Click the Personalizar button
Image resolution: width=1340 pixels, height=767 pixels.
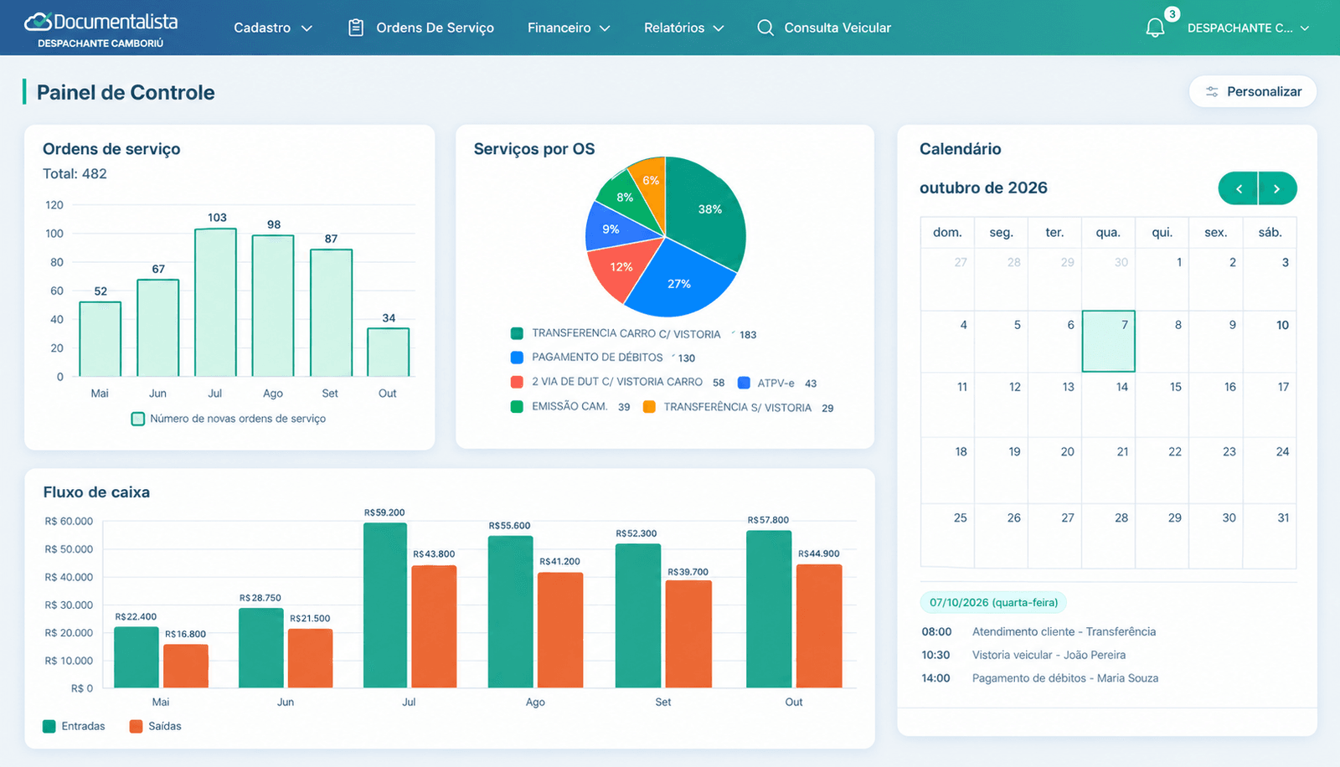1253,91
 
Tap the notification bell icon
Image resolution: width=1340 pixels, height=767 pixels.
1155,28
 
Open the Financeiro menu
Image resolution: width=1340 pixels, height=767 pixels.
569,28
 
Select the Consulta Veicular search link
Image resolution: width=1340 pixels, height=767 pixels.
824,28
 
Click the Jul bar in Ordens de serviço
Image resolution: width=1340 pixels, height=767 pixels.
215,302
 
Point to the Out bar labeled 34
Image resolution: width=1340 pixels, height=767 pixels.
389,352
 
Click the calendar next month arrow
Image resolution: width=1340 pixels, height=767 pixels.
1277,188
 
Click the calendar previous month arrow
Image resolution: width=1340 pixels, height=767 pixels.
1239,188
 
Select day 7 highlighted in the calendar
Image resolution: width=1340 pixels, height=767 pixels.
1109,341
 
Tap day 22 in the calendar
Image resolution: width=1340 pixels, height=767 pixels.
1175,451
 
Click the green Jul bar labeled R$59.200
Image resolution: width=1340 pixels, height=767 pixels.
385,605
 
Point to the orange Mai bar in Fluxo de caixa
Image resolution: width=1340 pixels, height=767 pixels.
186,666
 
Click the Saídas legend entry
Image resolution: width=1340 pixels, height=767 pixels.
156,726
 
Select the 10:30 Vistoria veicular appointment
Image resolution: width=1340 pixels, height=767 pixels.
1023,655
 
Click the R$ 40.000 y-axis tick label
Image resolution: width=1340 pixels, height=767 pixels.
69,578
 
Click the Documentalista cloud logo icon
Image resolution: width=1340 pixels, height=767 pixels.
38,22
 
